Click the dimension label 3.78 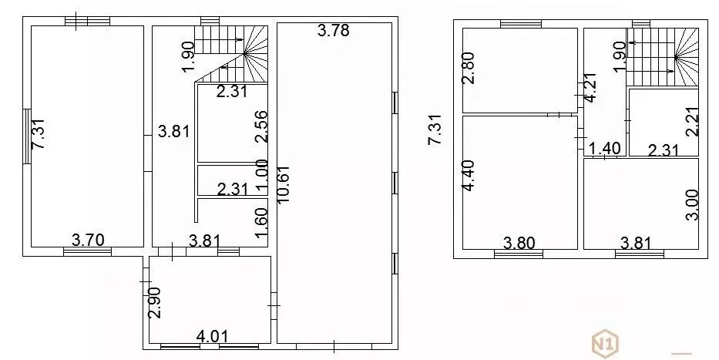334,30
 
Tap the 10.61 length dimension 283,187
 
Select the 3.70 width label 89,240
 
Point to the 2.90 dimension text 155,303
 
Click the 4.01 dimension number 212,336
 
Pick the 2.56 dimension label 261,127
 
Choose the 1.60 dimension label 261,224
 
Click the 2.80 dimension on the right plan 469,67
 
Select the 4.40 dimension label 469,176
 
